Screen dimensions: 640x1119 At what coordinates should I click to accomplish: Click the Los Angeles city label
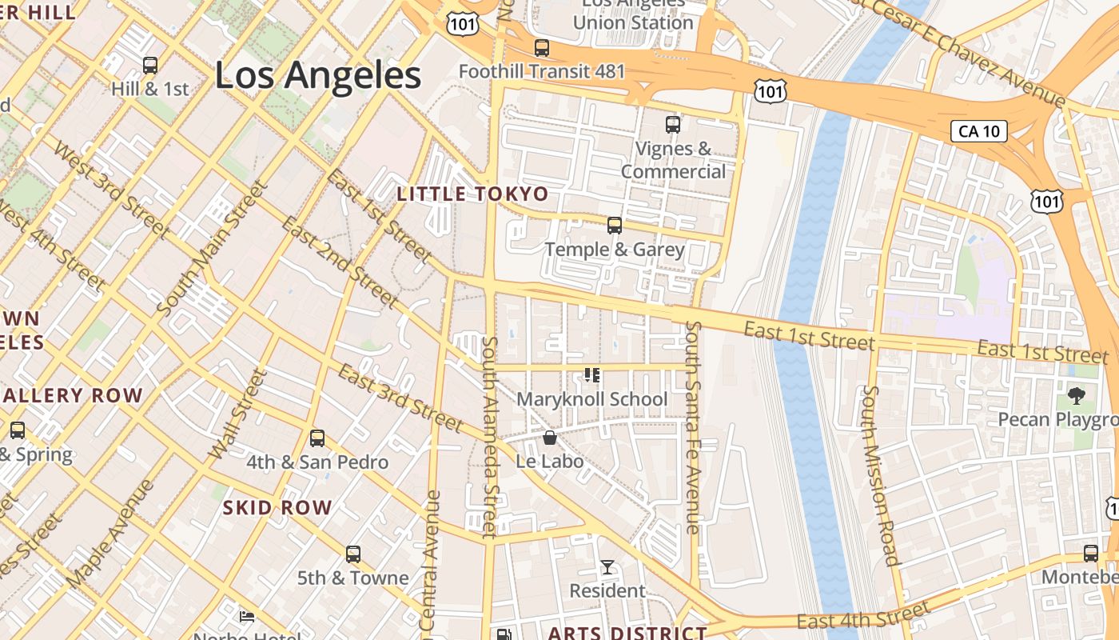pyautogui.click(x=318, y=75)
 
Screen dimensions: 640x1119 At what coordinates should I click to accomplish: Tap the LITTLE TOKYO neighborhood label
pyautogui.click(x=472, y=194)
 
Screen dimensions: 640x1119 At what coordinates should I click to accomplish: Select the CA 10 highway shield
pyautogui.click(x=978, y=131)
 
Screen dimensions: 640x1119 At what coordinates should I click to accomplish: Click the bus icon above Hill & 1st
pyautogui.click(x=150, y=66)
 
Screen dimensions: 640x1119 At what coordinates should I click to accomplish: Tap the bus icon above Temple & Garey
pyautogui.click(x=615, y=226)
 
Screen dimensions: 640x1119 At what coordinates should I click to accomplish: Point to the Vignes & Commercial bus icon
pyautogui.click(x=673, y=125)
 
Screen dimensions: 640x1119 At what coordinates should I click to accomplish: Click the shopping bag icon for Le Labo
pyautogui.click(x=550, y=438)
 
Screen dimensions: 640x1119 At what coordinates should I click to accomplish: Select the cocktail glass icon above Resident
pyautogui.click(x=607, y=567)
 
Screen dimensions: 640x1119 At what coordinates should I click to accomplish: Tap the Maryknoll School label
pyautogui.click(x=591, y=398)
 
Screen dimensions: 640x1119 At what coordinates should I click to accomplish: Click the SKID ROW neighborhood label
pyautogui.click(x=277, y=507)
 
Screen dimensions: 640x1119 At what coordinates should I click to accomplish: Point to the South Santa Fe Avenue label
pyautogui.click(x=693, y=427)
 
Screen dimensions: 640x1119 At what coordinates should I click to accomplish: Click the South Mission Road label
pyautogui.click(x=880, y=475)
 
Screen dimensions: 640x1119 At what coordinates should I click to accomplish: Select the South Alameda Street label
pyautogui.click(x=490, y=435)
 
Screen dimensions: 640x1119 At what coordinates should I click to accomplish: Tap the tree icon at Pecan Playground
pyautogui.click(x=1077, y=395)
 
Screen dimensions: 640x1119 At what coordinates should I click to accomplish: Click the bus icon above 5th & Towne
pyautogui.click(x=353, y=554)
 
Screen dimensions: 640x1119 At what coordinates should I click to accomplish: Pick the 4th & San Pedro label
pyautogui.click(x=317, y=462)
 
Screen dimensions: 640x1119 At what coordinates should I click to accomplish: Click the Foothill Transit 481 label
pyautogui.click(x=542, y=71)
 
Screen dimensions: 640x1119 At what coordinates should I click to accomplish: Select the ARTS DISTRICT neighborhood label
pyautogui.click(x=627, y=633)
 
